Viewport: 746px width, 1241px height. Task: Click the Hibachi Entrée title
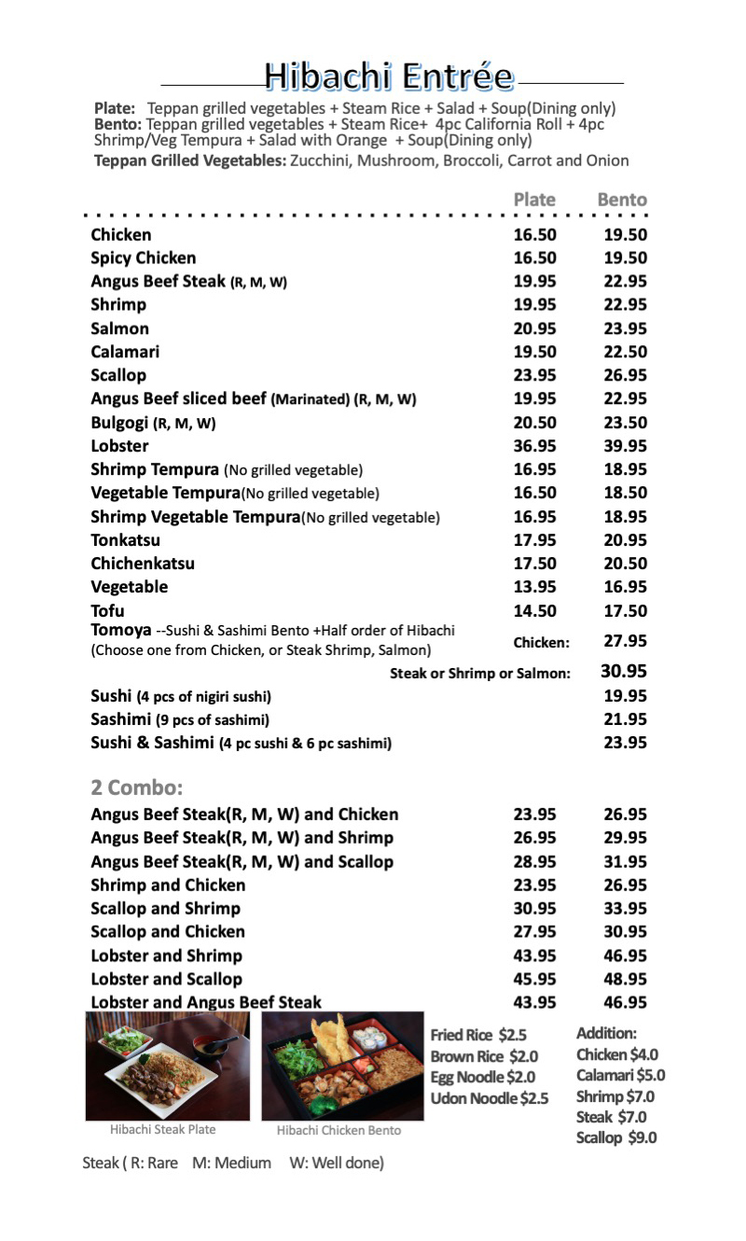(388, 77)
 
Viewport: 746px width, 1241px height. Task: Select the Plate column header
(534, 200)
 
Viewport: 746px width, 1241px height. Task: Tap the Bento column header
(622, 200)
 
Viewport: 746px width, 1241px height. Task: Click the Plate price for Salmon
(534, 328)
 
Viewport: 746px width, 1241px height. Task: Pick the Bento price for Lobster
(625, 446)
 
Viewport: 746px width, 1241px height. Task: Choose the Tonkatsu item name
(125, 540)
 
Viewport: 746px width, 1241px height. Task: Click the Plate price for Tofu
(534, 611)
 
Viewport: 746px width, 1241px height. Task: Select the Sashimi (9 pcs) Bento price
(625, 719)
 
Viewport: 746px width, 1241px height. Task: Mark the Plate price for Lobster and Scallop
(534, 979)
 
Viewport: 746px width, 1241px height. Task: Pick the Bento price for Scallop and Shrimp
(625, 909)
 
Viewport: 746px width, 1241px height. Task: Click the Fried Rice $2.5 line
(478, 1035)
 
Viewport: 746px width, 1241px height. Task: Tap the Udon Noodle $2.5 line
(490, 1098)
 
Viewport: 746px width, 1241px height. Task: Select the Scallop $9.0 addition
(616, 1137)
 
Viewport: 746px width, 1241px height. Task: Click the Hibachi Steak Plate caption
(162, 1130)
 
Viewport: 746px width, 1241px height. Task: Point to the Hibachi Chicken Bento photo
(342, 1067)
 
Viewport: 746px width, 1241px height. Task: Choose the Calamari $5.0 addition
(620, 1075)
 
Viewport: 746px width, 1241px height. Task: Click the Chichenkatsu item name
(143, 564)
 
